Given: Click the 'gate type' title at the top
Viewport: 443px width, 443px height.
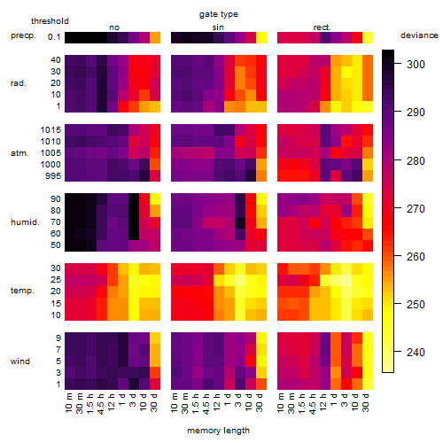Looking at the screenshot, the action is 219,14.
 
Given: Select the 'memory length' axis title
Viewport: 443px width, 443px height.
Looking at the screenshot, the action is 218,431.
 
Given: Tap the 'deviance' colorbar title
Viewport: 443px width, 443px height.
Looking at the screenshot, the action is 419,35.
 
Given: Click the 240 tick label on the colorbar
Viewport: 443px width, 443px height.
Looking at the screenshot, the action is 416,352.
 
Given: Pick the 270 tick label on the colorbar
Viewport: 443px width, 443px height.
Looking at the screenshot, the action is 416,209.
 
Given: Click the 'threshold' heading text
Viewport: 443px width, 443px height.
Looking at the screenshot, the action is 50,21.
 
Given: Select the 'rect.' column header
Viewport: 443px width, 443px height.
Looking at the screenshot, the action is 322,27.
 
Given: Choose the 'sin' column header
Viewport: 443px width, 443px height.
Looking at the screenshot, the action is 218,27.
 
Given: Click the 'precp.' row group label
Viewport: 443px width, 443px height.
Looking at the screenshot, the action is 23,35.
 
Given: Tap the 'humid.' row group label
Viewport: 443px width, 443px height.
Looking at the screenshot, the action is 25,221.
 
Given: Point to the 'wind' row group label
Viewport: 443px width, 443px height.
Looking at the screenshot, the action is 20,361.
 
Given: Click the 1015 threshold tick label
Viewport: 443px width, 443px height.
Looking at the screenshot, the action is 51,129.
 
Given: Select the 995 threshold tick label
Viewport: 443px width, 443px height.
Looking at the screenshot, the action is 53,175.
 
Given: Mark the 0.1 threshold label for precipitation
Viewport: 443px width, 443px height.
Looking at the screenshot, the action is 54,37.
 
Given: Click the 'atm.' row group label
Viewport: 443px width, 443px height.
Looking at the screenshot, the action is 19,153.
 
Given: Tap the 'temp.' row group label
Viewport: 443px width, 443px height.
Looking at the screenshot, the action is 22,291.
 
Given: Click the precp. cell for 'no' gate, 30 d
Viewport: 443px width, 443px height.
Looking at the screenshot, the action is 155,37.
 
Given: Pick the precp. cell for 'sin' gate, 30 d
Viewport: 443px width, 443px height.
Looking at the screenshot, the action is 261,37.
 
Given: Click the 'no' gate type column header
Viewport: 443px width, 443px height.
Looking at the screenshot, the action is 114,27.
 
